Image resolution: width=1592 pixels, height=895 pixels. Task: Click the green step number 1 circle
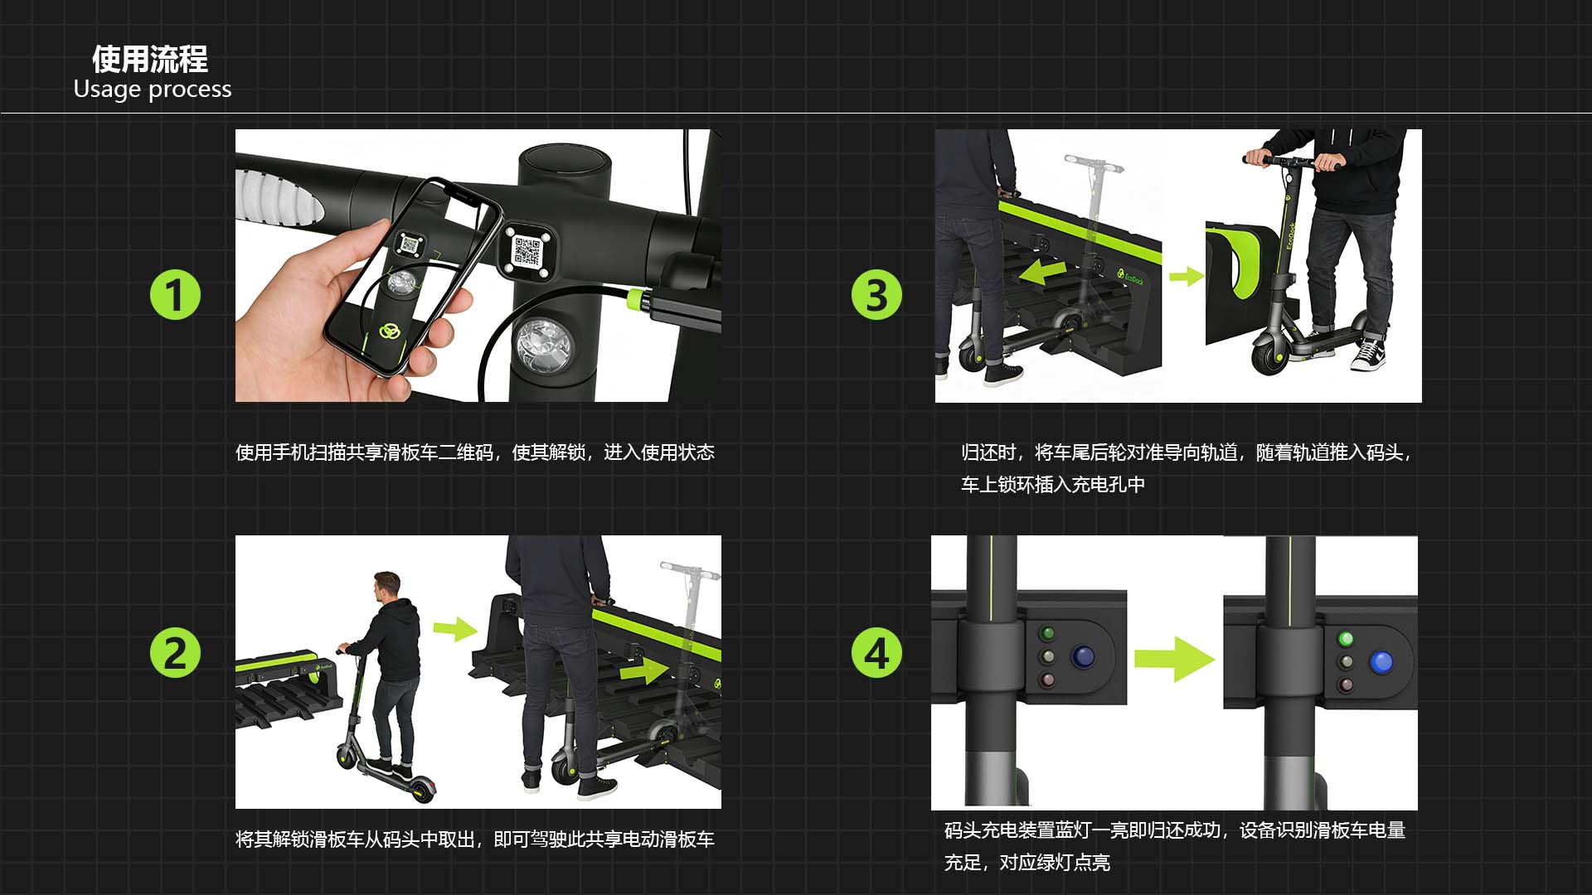click(175, 295)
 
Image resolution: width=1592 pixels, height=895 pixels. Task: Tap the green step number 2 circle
click(175, 653)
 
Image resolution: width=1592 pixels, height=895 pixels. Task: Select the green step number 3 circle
click(876, 295)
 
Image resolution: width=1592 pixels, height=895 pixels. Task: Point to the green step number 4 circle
click(876, 653)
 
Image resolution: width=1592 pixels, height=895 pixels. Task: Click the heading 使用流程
click(150, 59)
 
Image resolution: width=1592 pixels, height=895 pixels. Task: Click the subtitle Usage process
click(153, 89)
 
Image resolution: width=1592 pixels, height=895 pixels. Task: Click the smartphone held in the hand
click(411, 275)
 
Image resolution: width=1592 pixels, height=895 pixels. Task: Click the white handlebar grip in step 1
click(275, 198)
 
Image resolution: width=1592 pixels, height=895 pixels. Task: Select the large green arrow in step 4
click(1174, 660)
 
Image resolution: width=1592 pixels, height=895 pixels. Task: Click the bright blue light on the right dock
click(1381, 661)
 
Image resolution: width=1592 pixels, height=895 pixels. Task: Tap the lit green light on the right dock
click(1346, 639)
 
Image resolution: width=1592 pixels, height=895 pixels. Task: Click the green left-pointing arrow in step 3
click(1043, 271)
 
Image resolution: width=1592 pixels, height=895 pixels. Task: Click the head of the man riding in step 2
click(386, 587)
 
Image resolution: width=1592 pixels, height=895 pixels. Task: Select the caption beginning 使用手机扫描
click(475, 452)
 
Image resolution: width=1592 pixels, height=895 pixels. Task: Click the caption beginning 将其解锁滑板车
click(475, 839)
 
